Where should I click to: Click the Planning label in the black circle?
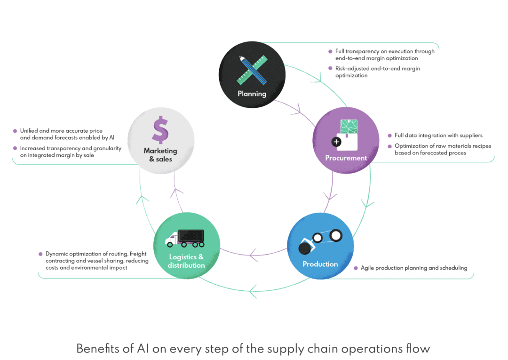pyautogui.click(x=252, y=94)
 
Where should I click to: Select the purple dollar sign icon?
pyautogui.click(x=160, y=130)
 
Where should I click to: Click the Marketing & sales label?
pyautogui.click(x=160, y=155)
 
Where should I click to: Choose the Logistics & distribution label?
pyautogui.click(x=186, y=261)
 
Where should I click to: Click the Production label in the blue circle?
pyautogui.click(x=320, y=264)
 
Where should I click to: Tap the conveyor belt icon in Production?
pyautogui.click(x=320, y=240)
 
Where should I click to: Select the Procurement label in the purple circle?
pyautogui.click(x=346, y=158)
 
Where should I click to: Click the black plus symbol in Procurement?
pyautogui.click(x=336, y=141)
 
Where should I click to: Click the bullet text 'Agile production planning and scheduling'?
pyautogui.click(x=414, y=268)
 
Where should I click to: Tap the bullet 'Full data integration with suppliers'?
pyautogui.click(x=438, y=136)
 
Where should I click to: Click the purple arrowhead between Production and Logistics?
pyautogui.click(x=254, y=256)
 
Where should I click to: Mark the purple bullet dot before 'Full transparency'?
pyautogui.click(x=330, y=51)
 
